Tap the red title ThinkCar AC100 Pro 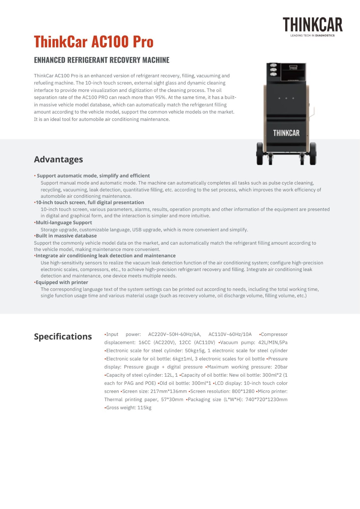pyautogui.click(x=94, y=42)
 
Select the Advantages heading pyautogui.click(x=58, y=159)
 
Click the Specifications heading pyautogui.click(x=63, y=337)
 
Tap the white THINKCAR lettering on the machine pyautogui.click(x=286, y=133)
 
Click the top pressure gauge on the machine pyautogui.click(x=273, y=66)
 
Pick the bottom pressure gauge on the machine pyautogui.click(x=273, y=74)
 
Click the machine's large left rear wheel pyautogui.click(x=260, y=154)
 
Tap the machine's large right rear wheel pyautogui.click(x=313, y=154)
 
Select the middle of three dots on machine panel pyautogui.click(x=286, y=98)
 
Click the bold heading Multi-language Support pyautogui.click(x=64, y=223)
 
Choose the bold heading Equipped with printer pyautogui.click(x=62, y=282)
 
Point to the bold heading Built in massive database pyautogui.click(x=66, y=236)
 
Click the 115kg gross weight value pyautogui.click(x=144, y=408)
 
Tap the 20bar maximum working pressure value pyautogui.click(x=281, y=367)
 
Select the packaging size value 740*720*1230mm pyautogui.click(x=266, y=400)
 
